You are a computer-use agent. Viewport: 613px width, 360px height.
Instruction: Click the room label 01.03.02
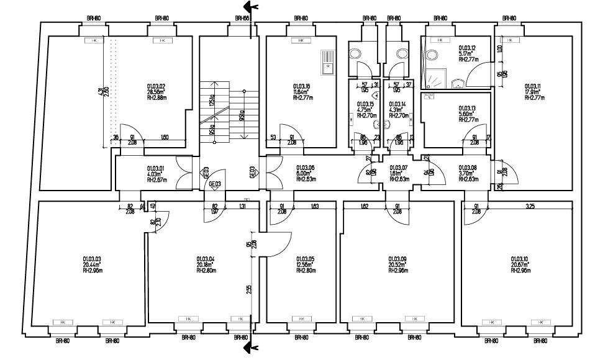(155, 86)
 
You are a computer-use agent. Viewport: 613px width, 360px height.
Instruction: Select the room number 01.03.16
(301, 86)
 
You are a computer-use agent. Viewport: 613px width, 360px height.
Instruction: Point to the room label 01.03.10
(519, 259)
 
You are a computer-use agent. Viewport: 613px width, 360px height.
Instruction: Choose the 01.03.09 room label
(397, 259)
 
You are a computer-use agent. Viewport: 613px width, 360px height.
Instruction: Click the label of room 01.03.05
(306, 259)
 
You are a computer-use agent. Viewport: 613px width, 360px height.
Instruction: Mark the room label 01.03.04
(206, 259)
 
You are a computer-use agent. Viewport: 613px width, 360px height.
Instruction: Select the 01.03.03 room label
(92, 259)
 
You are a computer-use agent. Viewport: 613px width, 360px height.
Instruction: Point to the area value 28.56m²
(155, 92)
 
